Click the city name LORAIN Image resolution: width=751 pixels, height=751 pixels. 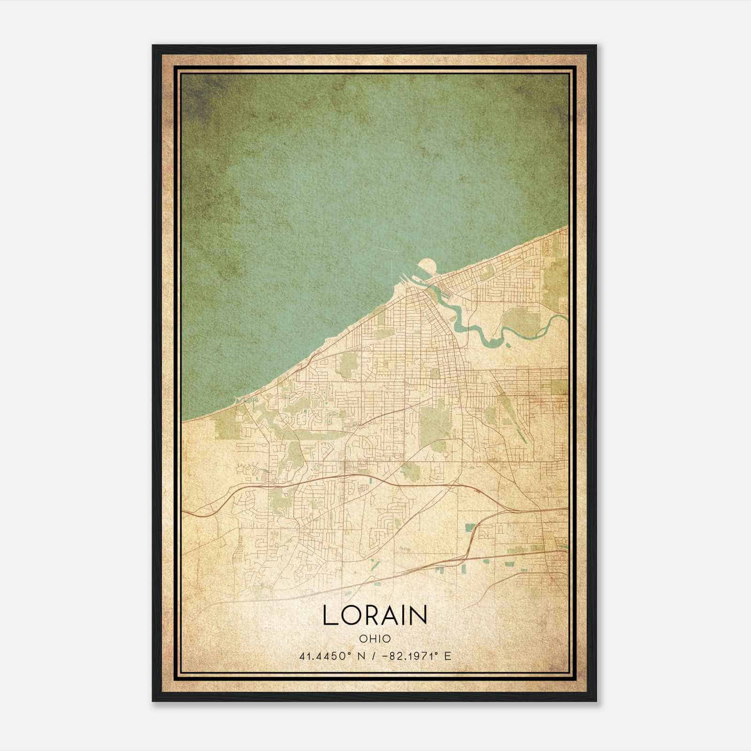pyautogui.click(x=375, y=615)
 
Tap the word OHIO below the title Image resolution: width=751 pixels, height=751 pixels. pyautogui.click(x=375, y=639)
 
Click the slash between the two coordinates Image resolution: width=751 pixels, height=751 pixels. pyautogui.click(x=374, y=656)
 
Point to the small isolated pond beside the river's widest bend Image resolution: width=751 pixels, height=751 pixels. pyautogui.click(x=508, y=345)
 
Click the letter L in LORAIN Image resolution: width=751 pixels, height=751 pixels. pyautogui.click(x=329, y=615)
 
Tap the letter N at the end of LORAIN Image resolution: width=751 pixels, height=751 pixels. pyautogui.click(x=419, y=615)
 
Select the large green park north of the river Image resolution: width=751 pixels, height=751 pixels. pyautogui.click(x=523, y=319)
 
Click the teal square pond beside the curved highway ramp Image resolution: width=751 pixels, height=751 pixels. pyautogui.click(x=470, y=527)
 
